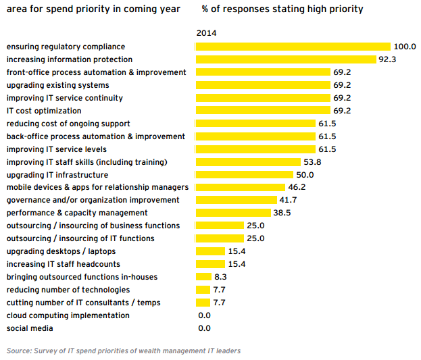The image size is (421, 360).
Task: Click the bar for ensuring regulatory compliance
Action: pos(293,47)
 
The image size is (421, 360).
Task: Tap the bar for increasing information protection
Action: pos(285,59)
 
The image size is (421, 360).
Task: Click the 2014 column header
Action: pos(206,32)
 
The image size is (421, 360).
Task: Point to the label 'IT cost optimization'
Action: pos(44,111)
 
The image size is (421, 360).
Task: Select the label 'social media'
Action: pos(30,328)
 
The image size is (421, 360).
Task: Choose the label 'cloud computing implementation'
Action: pos(68,315)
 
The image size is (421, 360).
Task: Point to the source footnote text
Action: pos(124,351)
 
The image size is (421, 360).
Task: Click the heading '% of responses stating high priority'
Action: pos(282,9)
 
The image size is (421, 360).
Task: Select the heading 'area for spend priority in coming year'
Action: pos(93,9)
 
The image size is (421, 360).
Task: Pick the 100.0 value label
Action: pos(405,47)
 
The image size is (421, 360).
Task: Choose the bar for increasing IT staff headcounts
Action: pos(209,264)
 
